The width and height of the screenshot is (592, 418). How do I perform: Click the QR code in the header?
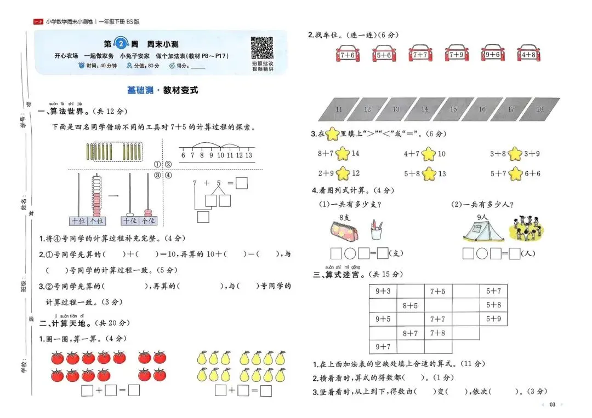(262, 48)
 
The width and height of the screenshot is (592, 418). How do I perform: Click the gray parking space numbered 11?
(338, 109)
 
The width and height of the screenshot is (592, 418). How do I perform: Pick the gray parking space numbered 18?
(540, 109)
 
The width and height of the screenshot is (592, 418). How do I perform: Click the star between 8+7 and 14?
(343, 154)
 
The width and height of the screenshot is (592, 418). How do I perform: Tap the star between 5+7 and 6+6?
(515, 174)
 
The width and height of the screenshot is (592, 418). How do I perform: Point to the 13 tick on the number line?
(249, 155)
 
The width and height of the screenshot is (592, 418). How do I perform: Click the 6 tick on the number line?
(184, 155)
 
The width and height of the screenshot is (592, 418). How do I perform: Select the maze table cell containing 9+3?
(383, 292)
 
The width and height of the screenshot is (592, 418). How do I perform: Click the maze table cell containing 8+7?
(410, 333)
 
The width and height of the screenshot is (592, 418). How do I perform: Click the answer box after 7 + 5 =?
(242, 184)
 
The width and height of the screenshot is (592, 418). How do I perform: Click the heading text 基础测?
(140, 90)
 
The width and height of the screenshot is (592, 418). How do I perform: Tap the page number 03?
(553, 404)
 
